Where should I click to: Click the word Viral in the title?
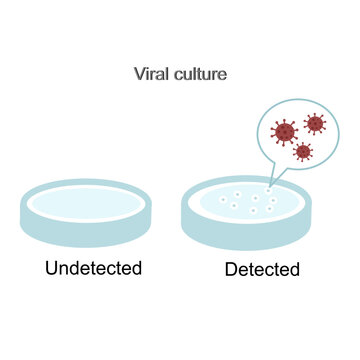(x=151, y=74)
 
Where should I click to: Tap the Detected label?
(x=262, y=269)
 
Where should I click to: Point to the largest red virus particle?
(x=285, y=131)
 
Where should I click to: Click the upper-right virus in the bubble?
(x=315, y=123)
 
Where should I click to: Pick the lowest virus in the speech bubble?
(x=303, y=152)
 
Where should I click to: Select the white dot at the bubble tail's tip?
(x=268, y=190)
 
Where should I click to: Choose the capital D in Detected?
(x=231, y=269)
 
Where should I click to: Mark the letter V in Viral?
(x=140, y=74)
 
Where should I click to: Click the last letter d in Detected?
(x=294, y=269)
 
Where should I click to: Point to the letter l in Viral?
(x=166, y=74)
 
